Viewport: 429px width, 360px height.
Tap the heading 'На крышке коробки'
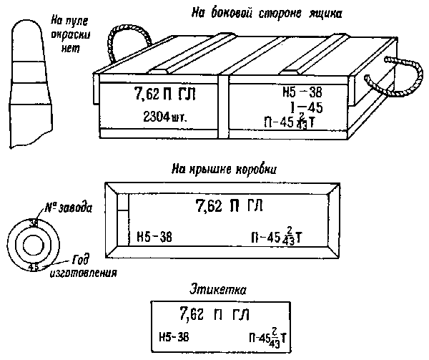point(225,169)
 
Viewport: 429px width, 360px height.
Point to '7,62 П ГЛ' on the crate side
point(165,94)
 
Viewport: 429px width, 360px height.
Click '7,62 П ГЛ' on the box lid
point(229,207)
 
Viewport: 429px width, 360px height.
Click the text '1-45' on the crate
point(304,107)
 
